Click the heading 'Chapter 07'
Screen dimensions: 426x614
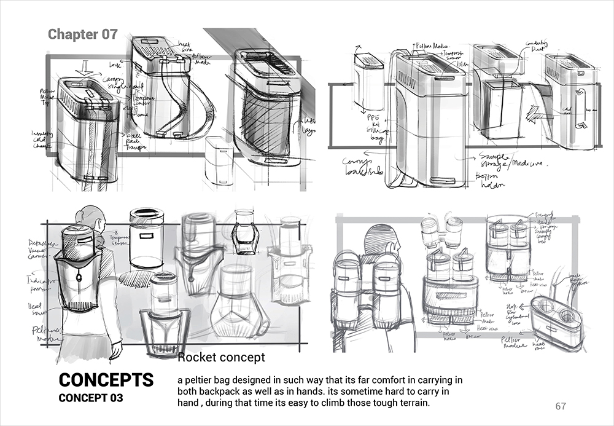(x=82, y=34)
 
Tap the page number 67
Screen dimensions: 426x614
(x=560, y=406)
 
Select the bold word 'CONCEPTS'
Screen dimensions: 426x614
(x=106, y=379)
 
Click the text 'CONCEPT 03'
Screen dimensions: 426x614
(x=90, y=398)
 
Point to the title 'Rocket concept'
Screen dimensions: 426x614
(x=221, y=357)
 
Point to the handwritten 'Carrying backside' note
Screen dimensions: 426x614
(x=362, y=166)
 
